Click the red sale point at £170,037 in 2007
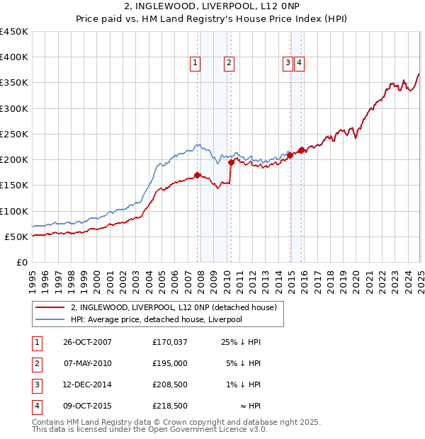pos(198,175)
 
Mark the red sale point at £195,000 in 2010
pos(231,162)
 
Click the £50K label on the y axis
pos(16,236)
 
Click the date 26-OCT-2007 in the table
pos(87,342)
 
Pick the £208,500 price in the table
pos(169,384)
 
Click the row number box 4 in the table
pos(36,406)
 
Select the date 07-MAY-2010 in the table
pos(87,363)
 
